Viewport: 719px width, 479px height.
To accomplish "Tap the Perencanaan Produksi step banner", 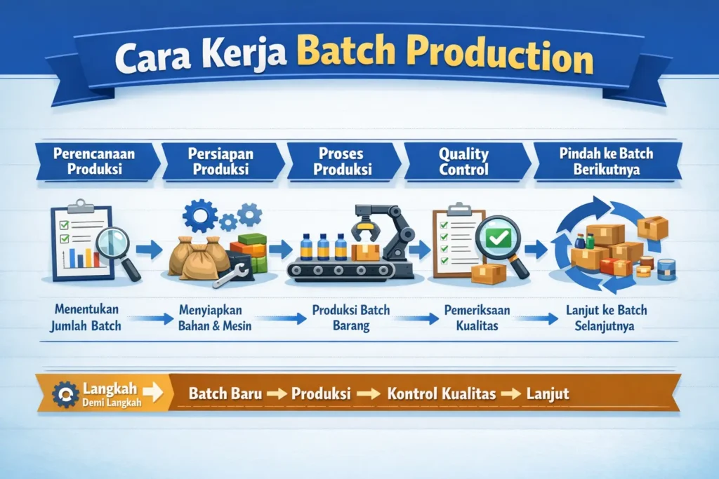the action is tap(96, 161).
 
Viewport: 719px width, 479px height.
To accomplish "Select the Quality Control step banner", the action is tap(466, 161).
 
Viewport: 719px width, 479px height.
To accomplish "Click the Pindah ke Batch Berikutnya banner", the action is tap(607, 161).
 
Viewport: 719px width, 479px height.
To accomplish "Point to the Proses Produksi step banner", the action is tap(343, 161).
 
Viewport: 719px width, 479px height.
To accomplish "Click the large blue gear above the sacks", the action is tap(200, 215).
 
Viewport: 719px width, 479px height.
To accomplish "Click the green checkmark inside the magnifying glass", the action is tap(498, 237).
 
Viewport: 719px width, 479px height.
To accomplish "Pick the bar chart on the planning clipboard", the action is tap(83, 258).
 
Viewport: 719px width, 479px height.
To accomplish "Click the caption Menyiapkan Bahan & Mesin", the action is tap(215, 318).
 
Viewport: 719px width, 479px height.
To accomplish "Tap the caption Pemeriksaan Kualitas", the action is tap(477, 318).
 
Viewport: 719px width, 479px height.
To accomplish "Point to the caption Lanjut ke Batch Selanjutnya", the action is tap(606, 318).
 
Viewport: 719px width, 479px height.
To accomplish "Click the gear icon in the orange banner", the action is tap(65, 394).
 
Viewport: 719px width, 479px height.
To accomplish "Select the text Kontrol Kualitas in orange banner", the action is tap(442, 394).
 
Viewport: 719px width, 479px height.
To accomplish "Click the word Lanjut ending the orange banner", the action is tap(548, 394).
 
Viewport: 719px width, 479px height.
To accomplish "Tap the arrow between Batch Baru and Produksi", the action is tap(277, 394).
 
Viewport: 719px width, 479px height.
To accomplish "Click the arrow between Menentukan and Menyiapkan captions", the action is tap(152, 318).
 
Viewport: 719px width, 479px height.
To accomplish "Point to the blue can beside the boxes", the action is tap(666, 269).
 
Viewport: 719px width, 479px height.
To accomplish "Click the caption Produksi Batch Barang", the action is tap(351, 318).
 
